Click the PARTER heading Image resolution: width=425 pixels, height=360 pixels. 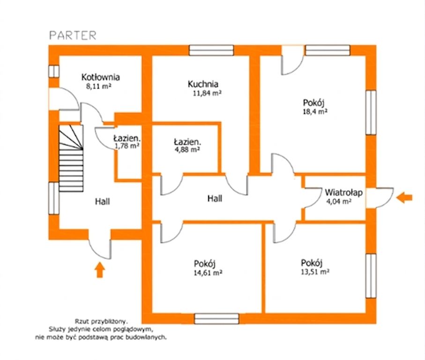[x=73, y=36]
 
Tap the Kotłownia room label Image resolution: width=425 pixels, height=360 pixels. [x=101, y=77]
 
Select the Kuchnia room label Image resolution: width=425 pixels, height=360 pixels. [x=203, y=84]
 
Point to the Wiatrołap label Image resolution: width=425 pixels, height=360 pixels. [x=343, y=193]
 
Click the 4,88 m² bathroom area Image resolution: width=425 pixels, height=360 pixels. [x=187, y=150]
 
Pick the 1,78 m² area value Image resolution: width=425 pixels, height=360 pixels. [x=127, y=146]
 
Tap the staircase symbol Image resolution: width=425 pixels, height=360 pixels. [x=71, y=158]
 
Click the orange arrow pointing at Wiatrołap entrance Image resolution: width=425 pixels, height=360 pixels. [x=404, y=197]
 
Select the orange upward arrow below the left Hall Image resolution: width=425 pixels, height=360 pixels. [x=100, y=270]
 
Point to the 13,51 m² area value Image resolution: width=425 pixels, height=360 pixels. [x=315, y=271]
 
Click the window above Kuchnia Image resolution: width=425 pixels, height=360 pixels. [x=211, y=51]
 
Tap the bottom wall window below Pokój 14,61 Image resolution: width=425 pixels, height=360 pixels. [x=216, y=319]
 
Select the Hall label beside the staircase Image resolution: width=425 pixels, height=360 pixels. [x=103, y=202]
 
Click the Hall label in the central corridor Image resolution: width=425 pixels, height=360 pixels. [x=215, y=199]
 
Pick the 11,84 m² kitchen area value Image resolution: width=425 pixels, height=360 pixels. [x=207, y=93]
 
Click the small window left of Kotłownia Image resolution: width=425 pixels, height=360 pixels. [x=54, y=71]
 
